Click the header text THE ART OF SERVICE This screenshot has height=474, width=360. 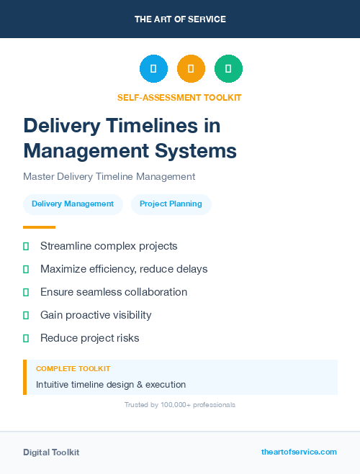pyautogui.click(x=180, y=19)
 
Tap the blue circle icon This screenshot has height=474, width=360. pyautogui.click(x=153, y=69)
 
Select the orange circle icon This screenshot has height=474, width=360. pyautogui.click(x=191, y=69)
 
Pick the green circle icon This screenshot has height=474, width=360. pyautogui.click(x=228, y=69)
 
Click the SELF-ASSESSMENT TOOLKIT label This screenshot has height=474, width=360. pyautogui.click(x=179, y=97)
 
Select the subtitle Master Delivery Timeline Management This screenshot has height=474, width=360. pyautogui.click(x=109, y=176)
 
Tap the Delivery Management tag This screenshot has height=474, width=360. pyautogui.click(x=73, y=204)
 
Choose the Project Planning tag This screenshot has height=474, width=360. pyautogui.click(x=171, y=204)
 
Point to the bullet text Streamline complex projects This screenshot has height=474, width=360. pyautogui.click(x=109, y=246)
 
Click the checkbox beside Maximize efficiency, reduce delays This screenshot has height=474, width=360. pyautogui.click(x=26, y=269)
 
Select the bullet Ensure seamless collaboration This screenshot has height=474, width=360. pyautogui.click(x=114, y=292)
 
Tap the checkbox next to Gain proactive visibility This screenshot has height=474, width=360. pyautogui.click(x=26, y=315)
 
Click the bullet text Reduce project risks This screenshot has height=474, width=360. pyautogui.click(x=90, y=338)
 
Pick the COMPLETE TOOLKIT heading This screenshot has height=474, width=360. pyautogui.click(x=73, y=368)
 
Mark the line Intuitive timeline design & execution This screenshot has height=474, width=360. pyautogui.click(x=111, y=385)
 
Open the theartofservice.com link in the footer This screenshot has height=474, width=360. pyautogui.click(x=299, y=452)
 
